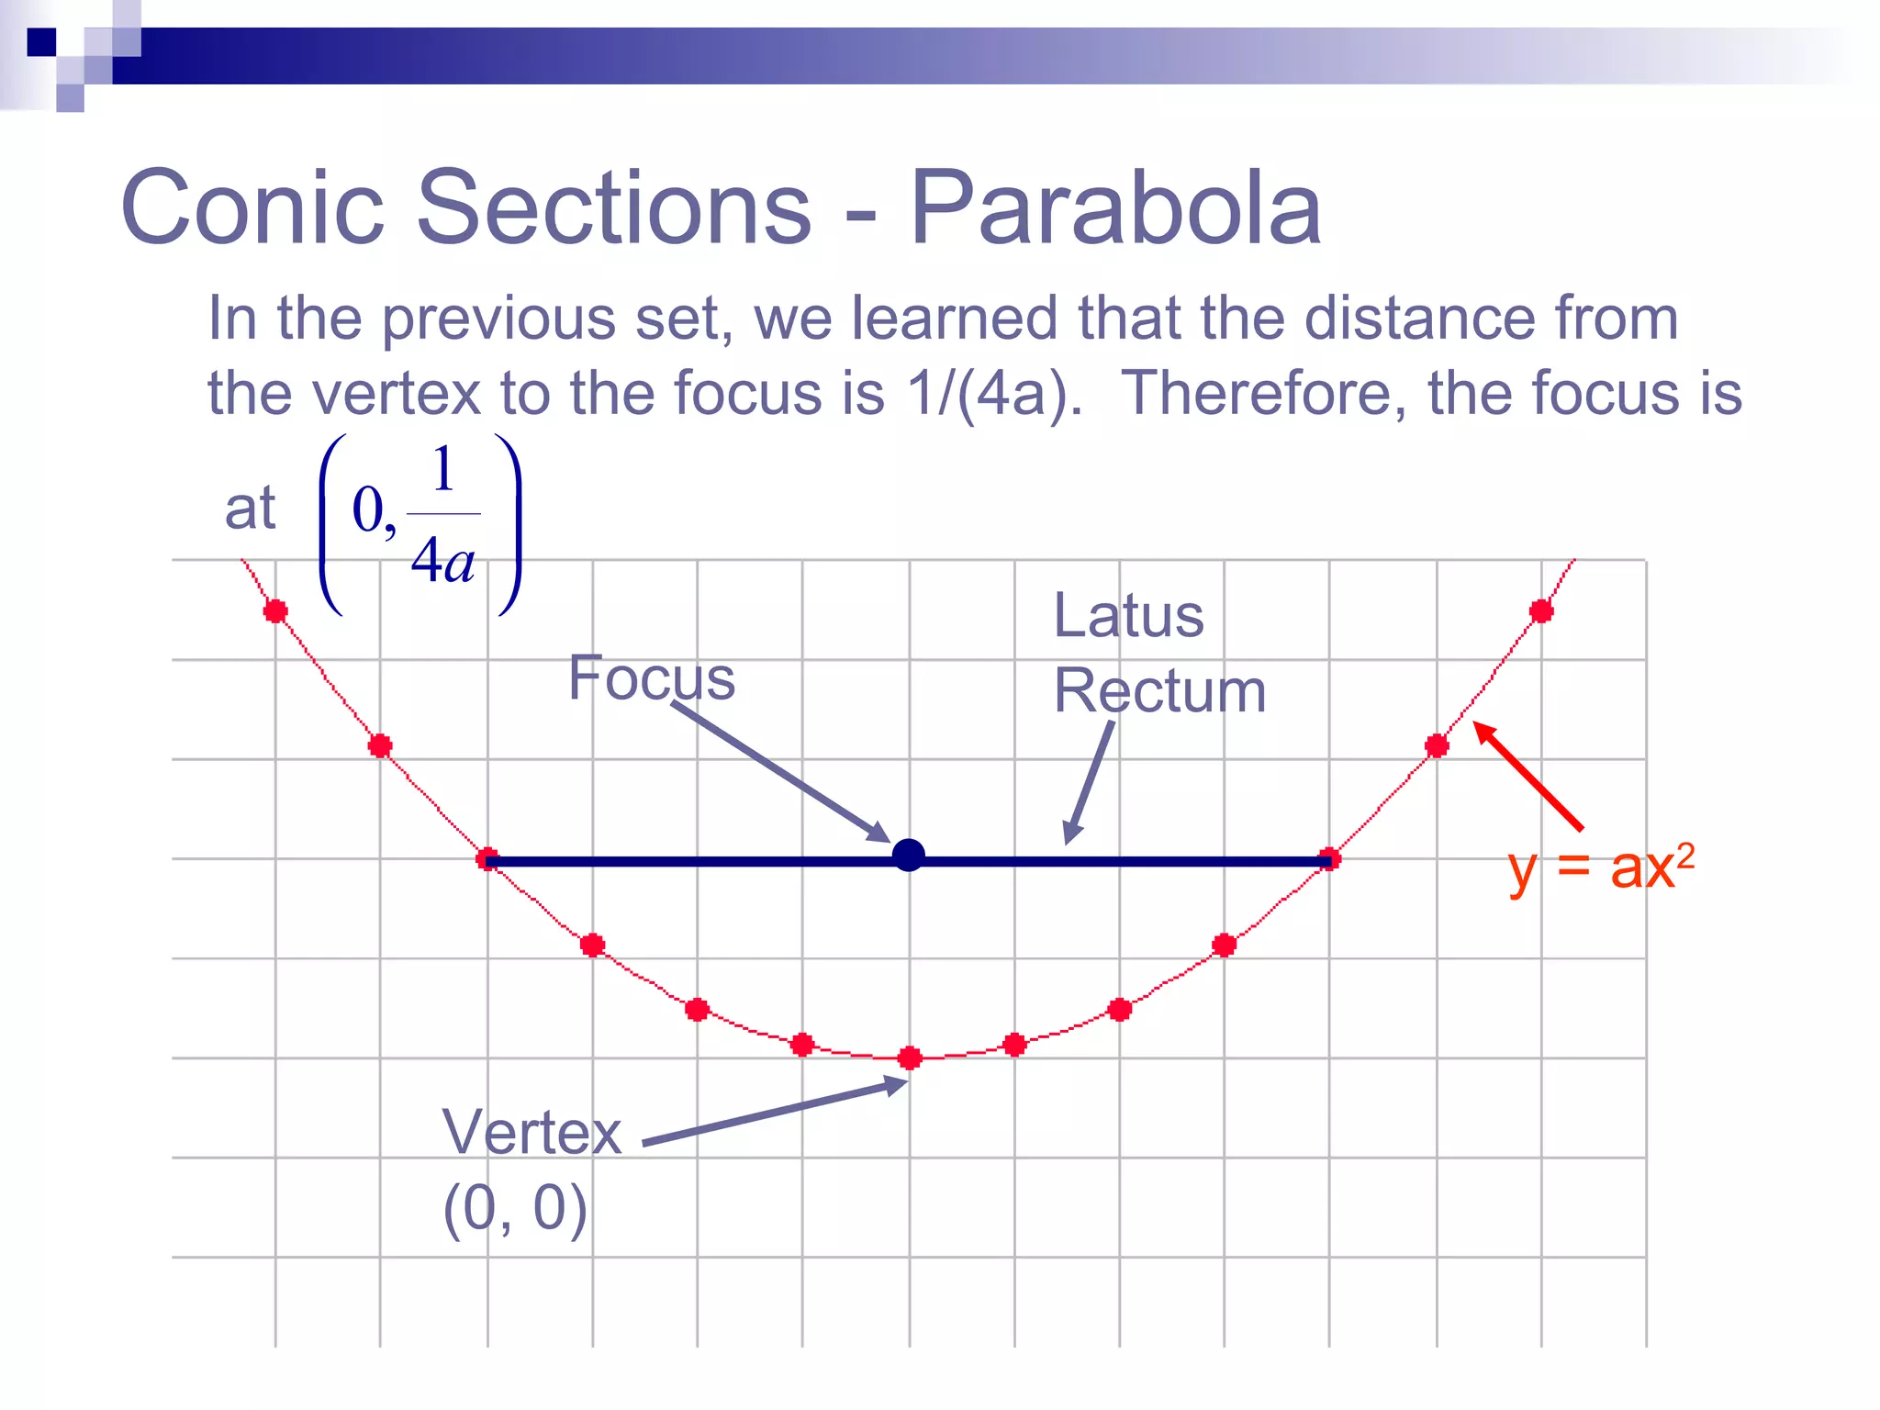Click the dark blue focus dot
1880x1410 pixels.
coord(909,856)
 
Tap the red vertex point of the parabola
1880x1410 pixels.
coord(910,1058)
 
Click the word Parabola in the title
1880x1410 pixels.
coord(1115,209)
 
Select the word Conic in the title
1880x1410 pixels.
coord(252,209)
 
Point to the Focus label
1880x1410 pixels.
coord(652,678)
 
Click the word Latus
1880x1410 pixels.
coord(1128,615)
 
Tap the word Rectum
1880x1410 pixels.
coord(1159,690)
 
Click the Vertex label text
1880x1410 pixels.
coord(532,1132)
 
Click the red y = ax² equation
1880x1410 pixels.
coord(1601,867)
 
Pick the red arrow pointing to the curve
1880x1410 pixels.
coord(1528,777)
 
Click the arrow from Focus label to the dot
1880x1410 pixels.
coord(780,772)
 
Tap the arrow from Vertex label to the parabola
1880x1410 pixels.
coord(776,1113)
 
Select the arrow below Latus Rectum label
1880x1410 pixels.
coord(1090,781)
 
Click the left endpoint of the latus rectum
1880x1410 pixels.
coord(487,860)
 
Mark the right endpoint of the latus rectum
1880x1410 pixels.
coord(1329,860)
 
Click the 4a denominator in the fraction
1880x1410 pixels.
coord(442,560)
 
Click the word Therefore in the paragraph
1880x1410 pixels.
coord(1263,394)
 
